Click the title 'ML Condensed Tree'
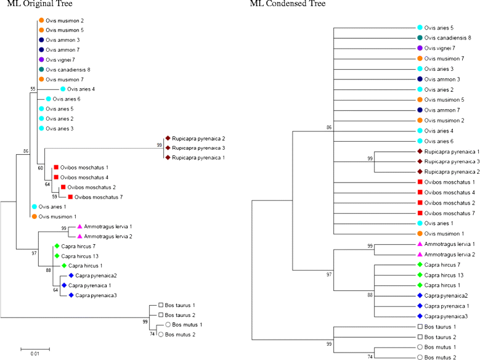tap(281, 4)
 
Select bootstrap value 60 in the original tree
tap(40, 168)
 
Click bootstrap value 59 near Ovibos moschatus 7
tap(54, 197)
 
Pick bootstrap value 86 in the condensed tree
tap(330, 127)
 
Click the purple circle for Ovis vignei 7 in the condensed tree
tap(420, 48)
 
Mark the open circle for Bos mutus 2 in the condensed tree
tap(420, 357)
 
